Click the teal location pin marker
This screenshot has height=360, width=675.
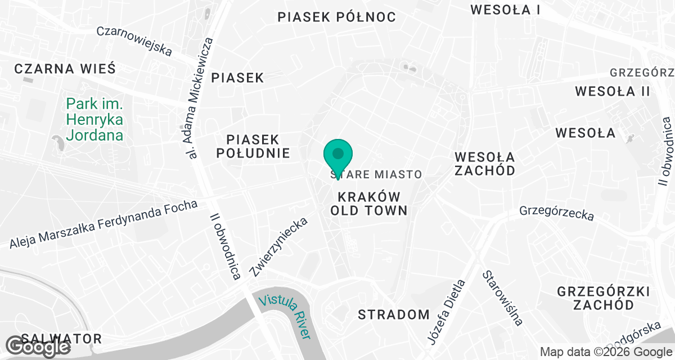[337, 155]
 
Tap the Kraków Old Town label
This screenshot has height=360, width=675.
[369, 204]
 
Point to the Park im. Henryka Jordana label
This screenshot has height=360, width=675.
[94, 119]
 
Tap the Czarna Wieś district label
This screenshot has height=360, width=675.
[65, 69]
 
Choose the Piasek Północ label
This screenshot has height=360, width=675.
[336, 17]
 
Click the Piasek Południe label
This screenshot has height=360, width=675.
[258, 146]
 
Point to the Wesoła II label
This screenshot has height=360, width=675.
[613, 91]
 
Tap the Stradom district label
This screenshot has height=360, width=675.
[394, 314]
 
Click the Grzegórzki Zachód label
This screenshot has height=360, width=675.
[603, 298]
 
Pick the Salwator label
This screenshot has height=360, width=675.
[62, 339]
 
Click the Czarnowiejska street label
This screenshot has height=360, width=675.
[134, 41]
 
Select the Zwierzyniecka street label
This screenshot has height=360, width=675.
[280, 247]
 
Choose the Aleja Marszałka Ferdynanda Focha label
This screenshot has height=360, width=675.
[103, 224]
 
